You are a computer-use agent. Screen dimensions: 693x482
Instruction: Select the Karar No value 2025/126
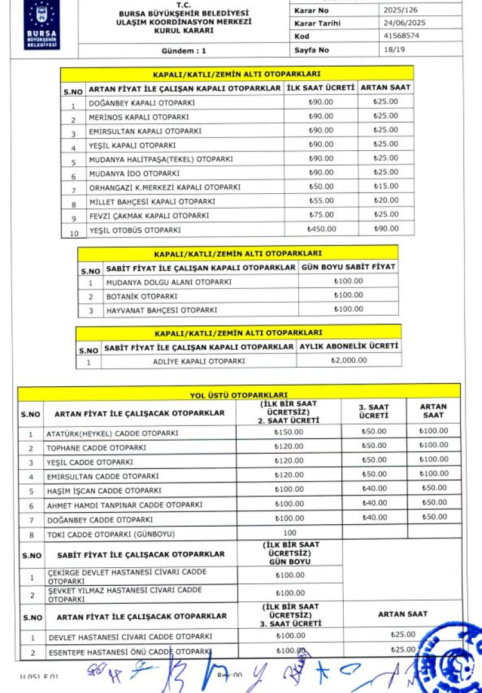400,11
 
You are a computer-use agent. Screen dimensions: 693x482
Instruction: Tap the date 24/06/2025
404,23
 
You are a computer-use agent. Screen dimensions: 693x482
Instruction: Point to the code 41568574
400,36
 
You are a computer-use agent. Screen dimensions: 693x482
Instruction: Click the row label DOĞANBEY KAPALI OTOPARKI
133,103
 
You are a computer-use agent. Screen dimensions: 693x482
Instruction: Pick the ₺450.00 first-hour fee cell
321,228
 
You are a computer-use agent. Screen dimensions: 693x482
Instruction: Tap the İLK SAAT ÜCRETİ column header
321,87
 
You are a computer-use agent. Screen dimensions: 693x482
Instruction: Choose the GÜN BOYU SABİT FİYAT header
348,266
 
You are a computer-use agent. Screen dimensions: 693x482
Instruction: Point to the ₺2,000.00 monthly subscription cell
349,360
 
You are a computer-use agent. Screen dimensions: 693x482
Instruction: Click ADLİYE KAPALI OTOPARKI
199,361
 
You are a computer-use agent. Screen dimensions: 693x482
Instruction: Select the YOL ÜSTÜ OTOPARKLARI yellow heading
238,395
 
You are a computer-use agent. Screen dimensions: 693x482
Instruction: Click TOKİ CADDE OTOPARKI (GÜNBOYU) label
111,534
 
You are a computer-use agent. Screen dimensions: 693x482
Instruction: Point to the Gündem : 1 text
184,50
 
